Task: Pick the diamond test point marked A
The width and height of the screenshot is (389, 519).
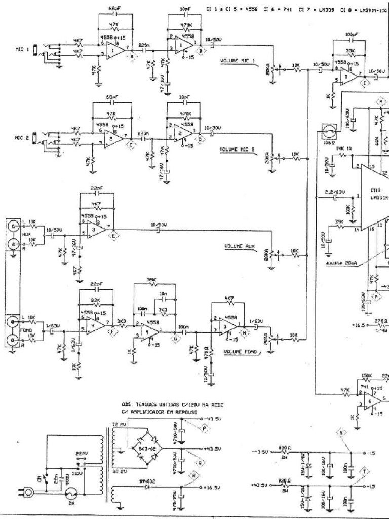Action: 133,57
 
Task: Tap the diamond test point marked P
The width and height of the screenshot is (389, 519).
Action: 204,429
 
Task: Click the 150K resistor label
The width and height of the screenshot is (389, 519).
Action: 366,376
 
